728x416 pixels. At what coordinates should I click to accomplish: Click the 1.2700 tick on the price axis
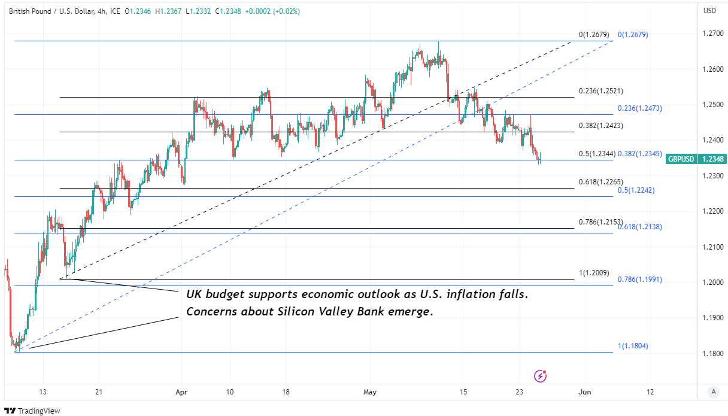tap(712, 34)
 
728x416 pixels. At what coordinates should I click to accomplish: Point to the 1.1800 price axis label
tap(712, 353)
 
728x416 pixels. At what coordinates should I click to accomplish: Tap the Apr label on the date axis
tap(181, 392)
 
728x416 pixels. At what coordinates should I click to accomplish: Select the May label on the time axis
tap(370, 392)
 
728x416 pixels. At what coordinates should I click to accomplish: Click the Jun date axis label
tap(585, 392)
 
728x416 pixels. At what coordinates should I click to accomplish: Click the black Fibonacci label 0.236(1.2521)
tap(601, 92)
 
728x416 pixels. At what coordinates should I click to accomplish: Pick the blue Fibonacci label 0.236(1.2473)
tap(640, 108)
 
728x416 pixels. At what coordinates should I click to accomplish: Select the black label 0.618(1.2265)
tap(601, 182)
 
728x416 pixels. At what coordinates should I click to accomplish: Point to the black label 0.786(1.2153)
tap(601, 222)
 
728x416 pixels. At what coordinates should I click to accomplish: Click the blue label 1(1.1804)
tap(633, 346)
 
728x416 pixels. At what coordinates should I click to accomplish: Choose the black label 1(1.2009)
tap(594, 273)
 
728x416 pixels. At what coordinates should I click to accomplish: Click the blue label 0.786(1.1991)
tap(640, 280)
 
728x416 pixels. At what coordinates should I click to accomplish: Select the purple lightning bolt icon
tap(541, 376)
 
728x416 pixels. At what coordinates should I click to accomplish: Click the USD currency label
tap(709, 11)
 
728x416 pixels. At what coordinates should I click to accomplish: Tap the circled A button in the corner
tap(713, 392)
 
